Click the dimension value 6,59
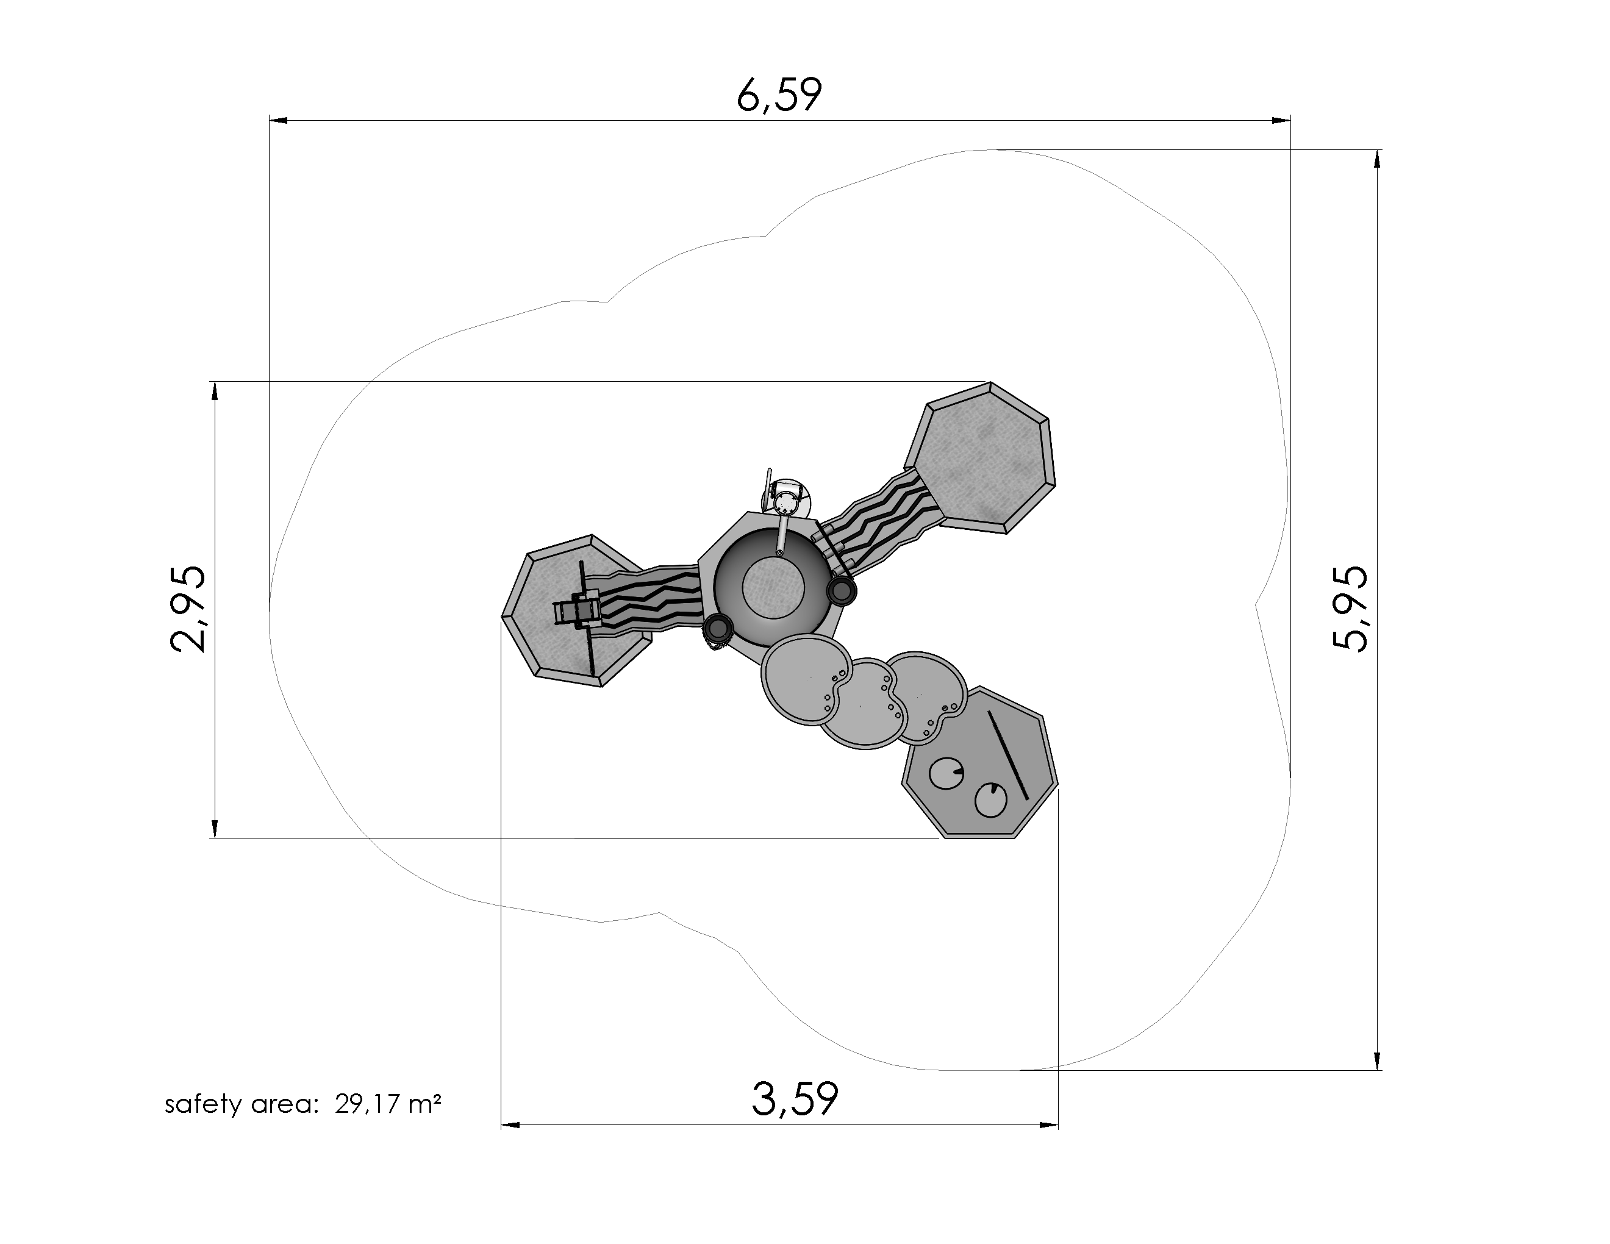[779, 95]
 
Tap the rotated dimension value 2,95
[188, 609]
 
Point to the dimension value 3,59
[795, 1099]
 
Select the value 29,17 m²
[388, 1104]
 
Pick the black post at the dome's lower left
[716, 629]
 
